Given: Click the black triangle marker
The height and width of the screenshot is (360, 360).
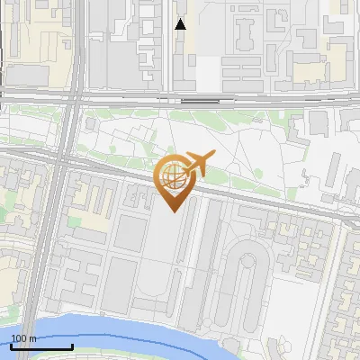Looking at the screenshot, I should tap(180, 24).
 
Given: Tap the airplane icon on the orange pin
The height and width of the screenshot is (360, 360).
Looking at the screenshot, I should tap(200, 165).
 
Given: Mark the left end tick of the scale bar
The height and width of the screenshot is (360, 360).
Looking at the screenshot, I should tap(12, 346).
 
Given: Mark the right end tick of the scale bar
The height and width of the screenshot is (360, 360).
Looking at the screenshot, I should tap(72, 346).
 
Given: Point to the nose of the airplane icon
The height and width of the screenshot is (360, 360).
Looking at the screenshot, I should tap(215, 156).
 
